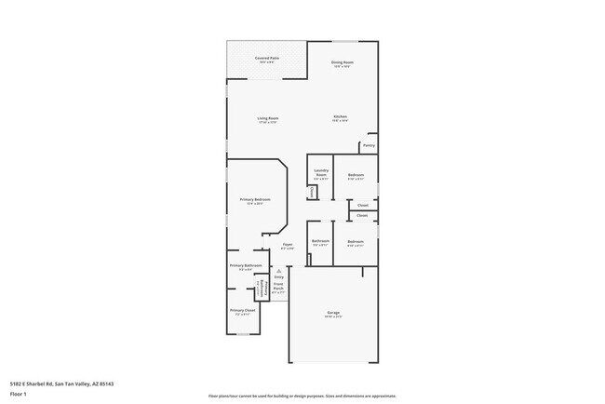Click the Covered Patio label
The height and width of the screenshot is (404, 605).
click(267, 60)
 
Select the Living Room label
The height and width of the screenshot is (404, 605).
click(268, 119)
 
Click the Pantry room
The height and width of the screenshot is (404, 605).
click(369, 146)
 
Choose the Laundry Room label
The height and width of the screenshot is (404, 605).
click(321, 174)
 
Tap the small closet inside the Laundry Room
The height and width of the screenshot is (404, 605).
click(313, 192)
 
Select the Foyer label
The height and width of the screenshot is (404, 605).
click(288, 247)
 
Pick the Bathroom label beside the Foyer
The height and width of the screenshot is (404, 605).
click(320, 243)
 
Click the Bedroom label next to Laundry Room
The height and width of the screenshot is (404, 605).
click(356, 177)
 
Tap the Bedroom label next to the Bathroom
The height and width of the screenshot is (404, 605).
click(356, 243)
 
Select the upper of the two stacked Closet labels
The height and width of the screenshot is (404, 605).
click(362, 205)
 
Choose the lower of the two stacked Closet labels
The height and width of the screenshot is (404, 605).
click(362, 216)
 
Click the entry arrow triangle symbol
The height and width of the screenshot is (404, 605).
click(278, 271)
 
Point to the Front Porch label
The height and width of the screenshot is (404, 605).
click(278, 290)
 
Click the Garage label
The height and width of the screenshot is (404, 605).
click(333, 314)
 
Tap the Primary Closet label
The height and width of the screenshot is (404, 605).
click(242, 312)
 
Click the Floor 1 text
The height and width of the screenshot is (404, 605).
click(19, 394)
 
